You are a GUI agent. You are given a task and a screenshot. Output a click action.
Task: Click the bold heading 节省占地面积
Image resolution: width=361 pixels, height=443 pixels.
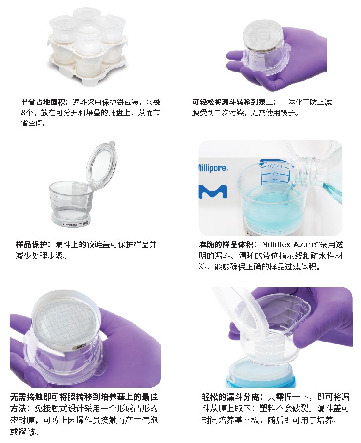point(44,102)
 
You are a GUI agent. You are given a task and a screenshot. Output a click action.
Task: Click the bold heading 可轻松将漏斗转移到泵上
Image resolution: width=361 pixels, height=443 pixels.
point(233,102)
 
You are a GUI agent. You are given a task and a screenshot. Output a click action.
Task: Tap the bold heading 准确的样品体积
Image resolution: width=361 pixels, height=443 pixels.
point(227,244)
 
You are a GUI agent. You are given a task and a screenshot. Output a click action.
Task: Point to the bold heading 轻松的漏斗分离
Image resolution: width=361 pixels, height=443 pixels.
point(231,397)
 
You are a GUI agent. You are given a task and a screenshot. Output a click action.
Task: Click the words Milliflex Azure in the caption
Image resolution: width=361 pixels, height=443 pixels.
point(290,244)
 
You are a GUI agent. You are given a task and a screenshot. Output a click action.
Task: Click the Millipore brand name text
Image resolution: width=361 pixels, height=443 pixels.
point(213,168)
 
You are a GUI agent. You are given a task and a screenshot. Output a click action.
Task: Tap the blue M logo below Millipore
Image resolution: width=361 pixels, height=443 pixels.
point(213,192)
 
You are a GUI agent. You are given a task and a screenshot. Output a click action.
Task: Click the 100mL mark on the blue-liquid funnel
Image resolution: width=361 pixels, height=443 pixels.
point(275,166)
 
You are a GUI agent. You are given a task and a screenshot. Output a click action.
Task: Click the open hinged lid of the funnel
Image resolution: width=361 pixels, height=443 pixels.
point(103,163)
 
